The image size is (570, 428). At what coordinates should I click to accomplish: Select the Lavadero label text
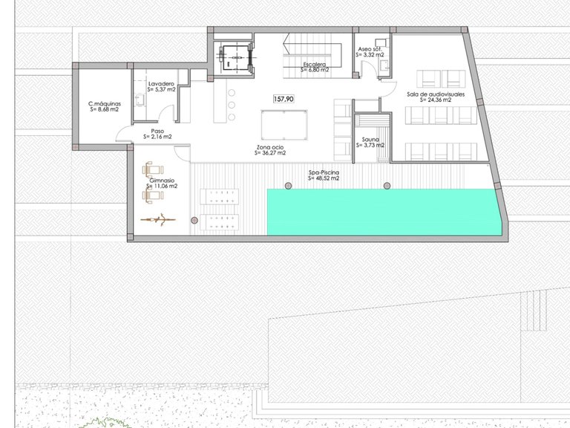(x=161, y=84)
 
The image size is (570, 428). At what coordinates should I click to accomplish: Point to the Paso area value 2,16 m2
(x=157, y=137)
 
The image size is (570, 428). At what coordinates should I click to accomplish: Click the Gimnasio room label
(x=162, y=181)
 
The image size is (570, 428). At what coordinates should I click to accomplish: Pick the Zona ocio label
(x=271, y=148)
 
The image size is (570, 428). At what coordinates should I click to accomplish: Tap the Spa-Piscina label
(x=324, y=173)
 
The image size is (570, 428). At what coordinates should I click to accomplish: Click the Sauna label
(x=371, y=140)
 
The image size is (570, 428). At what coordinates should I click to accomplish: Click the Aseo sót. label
(x=370, y=48)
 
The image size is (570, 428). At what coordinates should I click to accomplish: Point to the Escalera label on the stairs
(x=316, y=65)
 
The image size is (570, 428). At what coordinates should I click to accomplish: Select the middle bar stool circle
(x=232, y=106)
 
